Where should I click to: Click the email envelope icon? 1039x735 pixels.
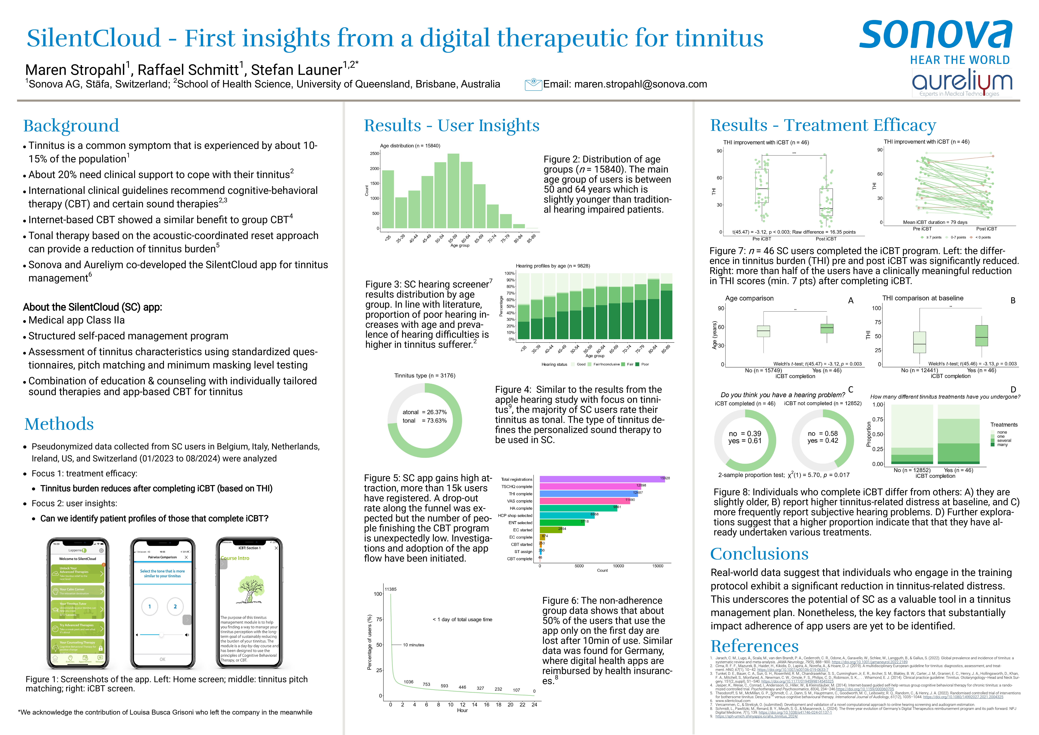point(533,84)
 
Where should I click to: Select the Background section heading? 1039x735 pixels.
point(71,126)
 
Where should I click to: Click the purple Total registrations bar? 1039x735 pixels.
point(602,479)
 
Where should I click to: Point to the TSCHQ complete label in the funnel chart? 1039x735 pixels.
point(517,487)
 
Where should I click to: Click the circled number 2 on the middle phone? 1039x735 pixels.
point(175,606)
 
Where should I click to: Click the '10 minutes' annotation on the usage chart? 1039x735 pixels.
point(414,645)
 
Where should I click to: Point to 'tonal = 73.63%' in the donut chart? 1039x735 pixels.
point(425,420)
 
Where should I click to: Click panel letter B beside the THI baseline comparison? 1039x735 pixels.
point(1013,301)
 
